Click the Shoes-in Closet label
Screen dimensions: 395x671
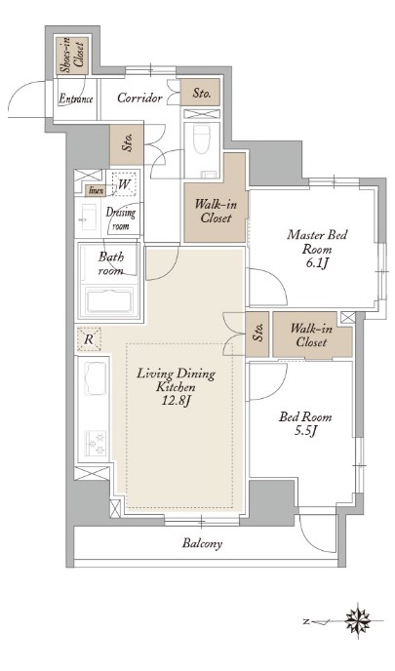(x=72, y=56)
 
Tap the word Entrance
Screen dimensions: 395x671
(x=76, y=99)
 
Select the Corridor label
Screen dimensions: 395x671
(x=139, y=98)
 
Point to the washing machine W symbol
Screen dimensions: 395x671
(x=123, y=184)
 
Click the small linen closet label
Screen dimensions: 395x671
(x=96, y=190)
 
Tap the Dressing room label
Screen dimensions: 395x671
(x=121, y=218)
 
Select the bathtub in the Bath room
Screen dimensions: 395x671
(x=109, y=300)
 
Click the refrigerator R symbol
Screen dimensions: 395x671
(x=89, y=339)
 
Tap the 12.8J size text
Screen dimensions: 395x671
(x=176, y=402)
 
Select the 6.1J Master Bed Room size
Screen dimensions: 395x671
(x=317, y=263)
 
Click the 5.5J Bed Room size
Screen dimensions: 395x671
(x=305, y=431)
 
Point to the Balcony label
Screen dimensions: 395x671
(x=203, y=544)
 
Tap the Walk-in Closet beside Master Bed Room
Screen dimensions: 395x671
(x=216, y=211)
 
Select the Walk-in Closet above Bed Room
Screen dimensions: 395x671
(x=311, y=335)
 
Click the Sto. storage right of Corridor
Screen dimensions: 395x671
(x=201, y=93)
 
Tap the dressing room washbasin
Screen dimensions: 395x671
(x=88, y=217)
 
